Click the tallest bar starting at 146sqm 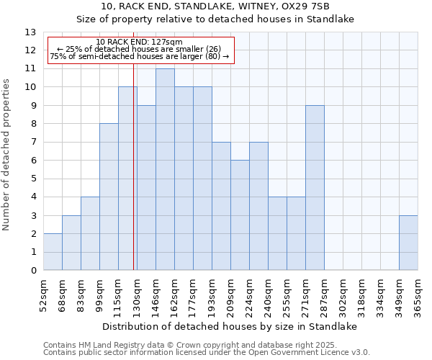click(x=165, y=169)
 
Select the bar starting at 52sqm click(x=53, y=252)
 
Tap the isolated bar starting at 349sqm click(x=408, y=243)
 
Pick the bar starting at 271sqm click(x=315, y=188)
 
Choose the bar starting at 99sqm click(x=109, y=197)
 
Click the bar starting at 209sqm click(x=240, y=215)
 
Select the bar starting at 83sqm click(x=90, y=233)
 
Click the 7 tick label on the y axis click(x=32, y=143)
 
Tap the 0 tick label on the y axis click(x=32, y=271)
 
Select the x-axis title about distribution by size click(x=230, y=326)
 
